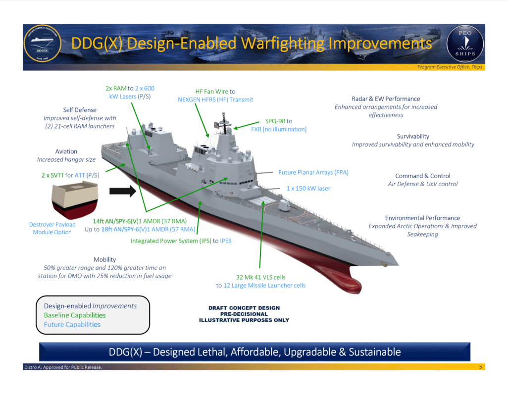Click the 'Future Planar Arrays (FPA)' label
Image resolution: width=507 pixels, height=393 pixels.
[313, 172]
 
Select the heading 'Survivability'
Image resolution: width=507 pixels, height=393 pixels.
[413, 136]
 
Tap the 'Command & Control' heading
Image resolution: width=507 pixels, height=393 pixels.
[422, 176]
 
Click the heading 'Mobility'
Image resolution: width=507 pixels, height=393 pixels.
[104, 259]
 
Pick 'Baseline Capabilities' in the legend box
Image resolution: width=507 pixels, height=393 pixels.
[75, 315]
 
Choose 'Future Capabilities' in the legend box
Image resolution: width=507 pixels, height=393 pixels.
[72, 325]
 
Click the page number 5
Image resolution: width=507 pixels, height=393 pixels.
[480, 367]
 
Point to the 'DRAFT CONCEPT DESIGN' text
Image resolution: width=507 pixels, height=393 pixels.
[244, 308]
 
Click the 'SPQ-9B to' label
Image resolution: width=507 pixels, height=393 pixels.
[279, 121]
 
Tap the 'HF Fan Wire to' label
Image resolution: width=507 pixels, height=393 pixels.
[215, 92]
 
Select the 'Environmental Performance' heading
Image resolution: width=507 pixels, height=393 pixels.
[422, 218]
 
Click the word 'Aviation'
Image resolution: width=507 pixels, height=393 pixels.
[66, 151]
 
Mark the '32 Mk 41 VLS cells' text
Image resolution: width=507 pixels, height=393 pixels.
[260, 277]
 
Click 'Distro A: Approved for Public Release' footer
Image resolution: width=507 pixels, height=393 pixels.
[63, 367]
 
